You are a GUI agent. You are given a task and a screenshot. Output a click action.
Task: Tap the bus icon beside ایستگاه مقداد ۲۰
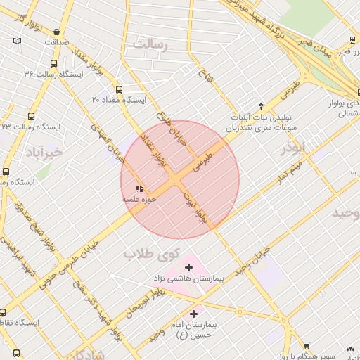coord(119,90)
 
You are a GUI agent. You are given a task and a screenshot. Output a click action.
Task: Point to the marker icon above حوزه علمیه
coord(139,188)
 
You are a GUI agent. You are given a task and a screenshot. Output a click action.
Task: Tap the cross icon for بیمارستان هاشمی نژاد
coord(188,268)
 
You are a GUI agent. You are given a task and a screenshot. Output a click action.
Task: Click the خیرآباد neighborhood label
coord(44,152)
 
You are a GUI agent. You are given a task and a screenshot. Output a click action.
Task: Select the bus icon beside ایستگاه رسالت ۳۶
coord(54,63)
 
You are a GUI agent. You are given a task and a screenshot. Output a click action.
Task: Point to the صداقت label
coord(56,42)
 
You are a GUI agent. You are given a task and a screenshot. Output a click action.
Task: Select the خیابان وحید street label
coord(254,260)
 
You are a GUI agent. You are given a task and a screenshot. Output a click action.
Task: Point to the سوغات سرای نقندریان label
coord(261,129)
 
